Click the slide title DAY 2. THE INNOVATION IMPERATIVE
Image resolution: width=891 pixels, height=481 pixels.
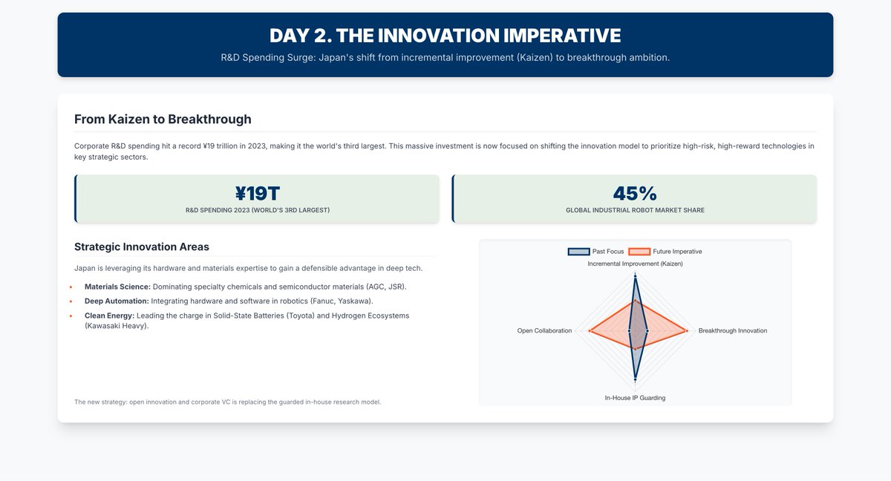(x=445, y=36)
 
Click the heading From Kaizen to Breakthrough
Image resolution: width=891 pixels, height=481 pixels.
(x=163, y=119)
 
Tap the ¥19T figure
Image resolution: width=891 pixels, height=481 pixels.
(x=258, y=194)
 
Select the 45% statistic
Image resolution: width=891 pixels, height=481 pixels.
(x=635, y=194)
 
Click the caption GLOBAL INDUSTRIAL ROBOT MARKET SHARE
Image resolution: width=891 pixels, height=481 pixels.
(x=635, y=210)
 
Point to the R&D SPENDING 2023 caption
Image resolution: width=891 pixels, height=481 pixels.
(x=258, y=210)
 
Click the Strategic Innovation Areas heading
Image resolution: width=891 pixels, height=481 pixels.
(x=142, y=246)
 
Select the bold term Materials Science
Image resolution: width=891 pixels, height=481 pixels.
(x=117, y=287)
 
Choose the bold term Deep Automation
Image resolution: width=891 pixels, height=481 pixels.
(x=117, y=301)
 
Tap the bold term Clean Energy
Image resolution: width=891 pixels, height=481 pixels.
(x=109, y=315)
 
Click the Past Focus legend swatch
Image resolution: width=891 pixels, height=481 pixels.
(x=578, y=252)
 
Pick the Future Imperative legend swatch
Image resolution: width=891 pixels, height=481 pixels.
(x=639, y=252)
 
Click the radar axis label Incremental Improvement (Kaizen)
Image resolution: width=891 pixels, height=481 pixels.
(x=635, y=264)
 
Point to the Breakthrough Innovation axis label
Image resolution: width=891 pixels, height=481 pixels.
(x=732, y=330)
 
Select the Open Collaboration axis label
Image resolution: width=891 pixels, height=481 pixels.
(x=544, y=330)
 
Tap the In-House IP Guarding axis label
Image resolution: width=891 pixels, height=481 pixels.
(x=635, y=398)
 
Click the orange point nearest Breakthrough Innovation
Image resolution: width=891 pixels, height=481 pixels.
(x=687, y=330)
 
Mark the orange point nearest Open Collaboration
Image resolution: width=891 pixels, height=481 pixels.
(x=589, y=330)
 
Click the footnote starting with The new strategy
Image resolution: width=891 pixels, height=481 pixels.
(x=227, y=402)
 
